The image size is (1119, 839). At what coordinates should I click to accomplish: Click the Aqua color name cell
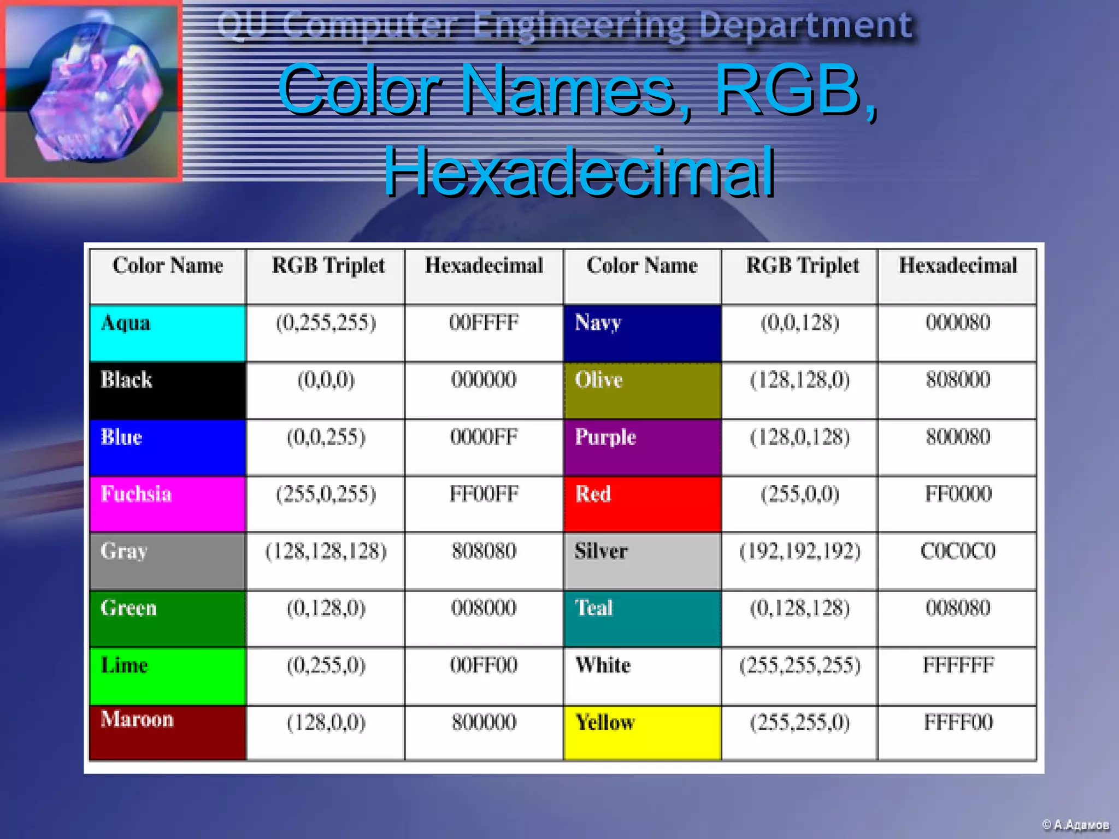(x=167, y=333)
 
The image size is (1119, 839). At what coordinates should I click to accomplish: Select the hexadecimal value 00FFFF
(x=484, y=323)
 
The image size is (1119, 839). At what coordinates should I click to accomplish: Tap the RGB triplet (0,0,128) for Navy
(x=799, y=323)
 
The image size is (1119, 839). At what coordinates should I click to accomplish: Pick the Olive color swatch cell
(x=642, y=391)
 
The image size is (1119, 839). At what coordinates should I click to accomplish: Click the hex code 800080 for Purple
(x=957, y=437)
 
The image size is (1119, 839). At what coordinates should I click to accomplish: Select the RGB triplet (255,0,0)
(x=799, y=494)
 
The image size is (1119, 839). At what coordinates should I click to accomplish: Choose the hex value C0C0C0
(x=957, y=551)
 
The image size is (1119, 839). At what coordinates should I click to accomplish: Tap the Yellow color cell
(x=642, y=732)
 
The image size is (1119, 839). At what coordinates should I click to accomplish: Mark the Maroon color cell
(x=167, y=732)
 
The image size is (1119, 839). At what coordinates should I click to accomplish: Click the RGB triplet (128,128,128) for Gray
(x=326, y=551)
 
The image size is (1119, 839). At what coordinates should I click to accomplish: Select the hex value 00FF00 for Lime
(x=484, y=665)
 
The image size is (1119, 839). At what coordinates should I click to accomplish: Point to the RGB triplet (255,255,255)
(x=799, y=665)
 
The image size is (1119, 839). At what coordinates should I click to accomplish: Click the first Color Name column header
(x=168, y=266)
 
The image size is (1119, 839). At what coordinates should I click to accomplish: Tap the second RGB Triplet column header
(x=802, y=266)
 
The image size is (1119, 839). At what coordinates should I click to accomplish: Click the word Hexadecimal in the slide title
(x=578, y=172)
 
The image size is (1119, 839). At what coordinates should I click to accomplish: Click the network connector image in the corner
(x=92, y=91)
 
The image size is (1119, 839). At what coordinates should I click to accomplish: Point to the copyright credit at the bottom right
(x=1075, y=824)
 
